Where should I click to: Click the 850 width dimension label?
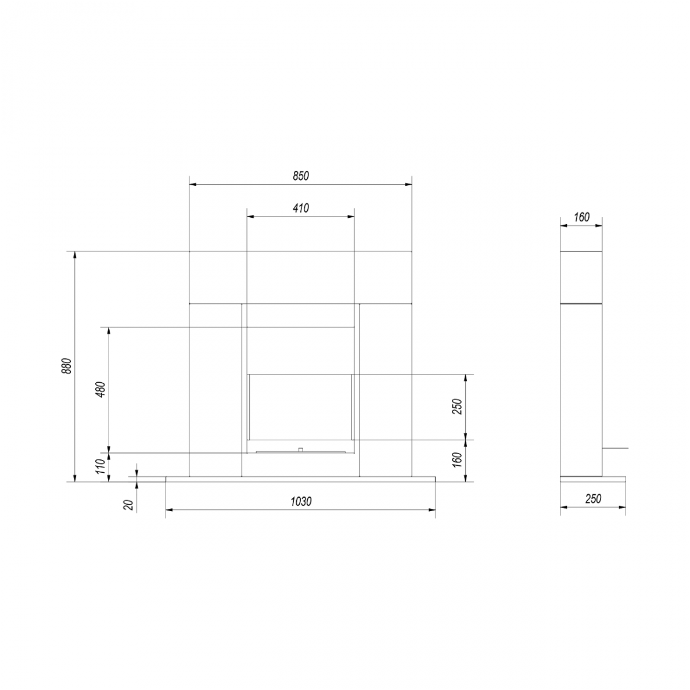tap(301, 176)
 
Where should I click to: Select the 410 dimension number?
tap(301, 208)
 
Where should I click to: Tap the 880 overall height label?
tap(66, 366)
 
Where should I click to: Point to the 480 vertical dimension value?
tap(101, 390)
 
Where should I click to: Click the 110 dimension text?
tap(101, 466)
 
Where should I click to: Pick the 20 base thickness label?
tap(128, 505)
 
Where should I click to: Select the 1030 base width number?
tap(301, 502)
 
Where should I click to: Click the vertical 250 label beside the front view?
tap(458, 407)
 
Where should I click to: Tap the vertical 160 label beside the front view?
tap(458, 460)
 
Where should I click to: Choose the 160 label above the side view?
tap(581, 217)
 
